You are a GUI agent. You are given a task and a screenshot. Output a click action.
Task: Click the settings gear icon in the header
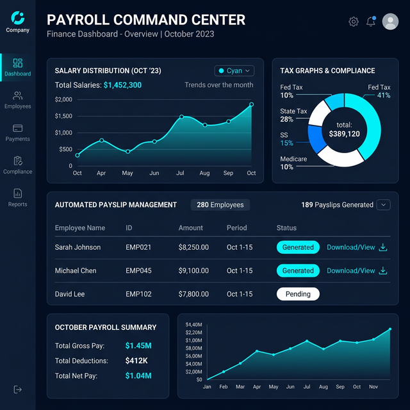(x=354, y=22)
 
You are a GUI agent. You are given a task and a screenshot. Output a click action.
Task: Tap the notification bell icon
(x=371, y=22)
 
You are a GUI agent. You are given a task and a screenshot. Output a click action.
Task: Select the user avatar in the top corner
(x=390, y=22)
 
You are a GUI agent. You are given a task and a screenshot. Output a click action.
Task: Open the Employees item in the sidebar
(x=17, y=100)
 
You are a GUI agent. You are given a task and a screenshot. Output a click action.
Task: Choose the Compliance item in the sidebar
(x=17, y=165)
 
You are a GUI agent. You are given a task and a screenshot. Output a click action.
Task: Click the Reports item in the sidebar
(x=17, y=197)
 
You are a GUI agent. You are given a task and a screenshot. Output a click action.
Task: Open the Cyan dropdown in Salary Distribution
(x=234, y=71)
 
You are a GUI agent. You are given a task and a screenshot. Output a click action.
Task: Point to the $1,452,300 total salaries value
(x=122, y=85)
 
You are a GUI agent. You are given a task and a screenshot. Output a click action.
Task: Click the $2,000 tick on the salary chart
(x=63, y=100)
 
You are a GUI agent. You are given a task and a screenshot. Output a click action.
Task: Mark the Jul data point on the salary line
(x=182, y=117)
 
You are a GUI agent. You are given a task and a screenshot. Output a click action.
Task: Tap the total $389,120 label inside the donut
(x=344, y=130)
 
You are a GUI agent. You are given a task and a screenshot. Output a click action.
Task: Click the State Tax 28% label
(x=294, y=115)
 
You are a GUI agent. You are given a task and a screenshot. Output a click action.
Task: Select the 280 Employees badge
(x=220, y=205)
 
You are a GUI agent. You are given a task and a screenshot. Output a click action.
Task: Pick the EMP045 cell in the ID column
(x=138, y=271)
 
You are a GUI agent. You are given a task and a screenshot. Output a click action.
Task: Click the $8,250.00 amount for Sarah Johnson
(x=193, y=247)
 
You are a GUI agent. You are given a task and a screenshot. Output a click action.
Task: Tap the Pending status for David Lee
(x=298, y=295)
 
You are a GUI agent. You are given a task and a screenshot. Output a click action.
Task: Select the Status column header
(x=286, y=228)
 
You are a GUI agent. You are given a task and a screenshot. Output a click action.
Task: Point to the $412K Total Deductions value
(x=136, y=361)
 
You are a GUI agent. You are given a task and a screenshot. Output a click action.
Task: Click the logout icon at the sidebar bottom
(x=17, y=389)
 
